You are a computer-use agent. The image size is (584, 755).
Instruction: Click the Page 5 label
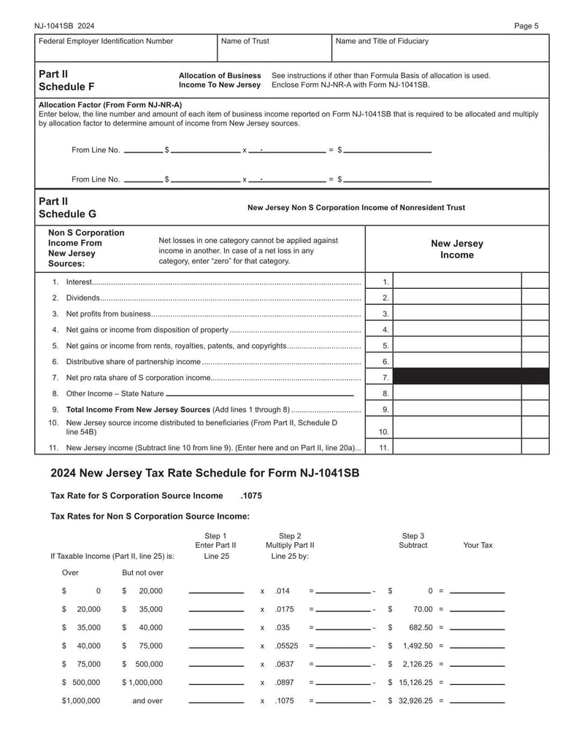point(526,26)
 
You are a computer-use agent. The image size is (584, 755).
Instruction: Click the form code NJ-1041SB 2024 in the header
point(64,26)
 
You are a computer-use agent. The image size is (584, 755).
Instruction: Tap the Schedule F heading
point(66,86)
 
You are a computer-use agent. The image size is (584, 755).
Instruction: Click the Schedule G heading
point(66,214)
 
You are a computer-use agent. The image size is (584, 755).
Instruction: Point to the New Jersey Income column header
point(456,249)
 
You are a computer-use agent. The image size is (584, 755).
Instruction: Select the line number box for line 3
point(385,314)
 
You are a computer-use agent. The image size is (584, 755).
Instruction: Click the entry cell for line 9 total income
point(457,409)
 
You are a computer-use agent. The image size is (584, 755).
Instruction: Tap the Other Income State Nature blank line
point(260,394)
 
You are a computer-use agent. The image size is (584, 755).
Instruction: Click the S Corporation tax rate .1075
point(250,496)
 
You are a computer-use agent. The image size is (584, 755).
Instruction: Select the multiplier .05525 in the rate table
point(285,646)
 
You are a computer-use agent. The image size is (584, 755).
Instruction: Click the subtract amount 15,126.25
point(415,683)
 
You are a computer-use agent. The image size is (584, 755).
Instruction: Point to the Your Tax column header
point(477,545)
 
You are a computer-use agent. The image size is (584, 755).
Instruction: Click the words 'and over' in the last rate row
point(147,701)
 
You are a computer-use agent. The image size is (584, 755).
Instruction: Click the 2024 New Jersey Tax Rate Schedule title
point(204,473)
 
